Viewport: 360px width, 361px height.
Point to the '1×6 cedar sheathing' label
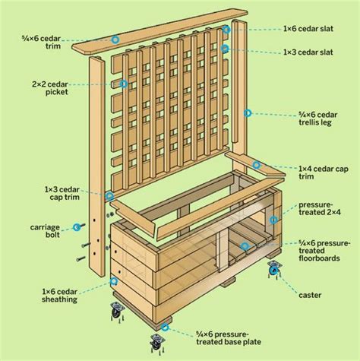point(59,294)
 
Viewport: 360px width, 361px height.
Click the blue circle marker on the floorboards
point(245,245)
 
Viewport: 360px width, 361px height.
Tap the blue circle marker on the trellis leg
point(247,112)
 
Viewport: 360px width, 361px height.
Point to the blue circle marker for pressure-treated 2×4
point(273,218)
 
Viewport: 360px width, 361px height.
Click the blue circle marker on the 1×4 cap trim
point(257,164)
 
